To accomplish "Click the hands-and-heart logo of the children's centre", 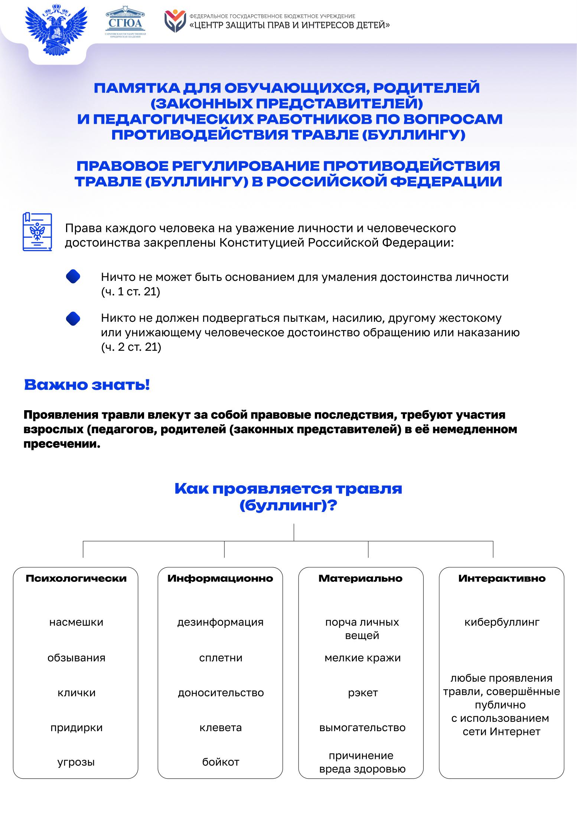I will click(175, 22).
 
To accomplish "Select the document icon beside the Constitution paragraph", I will click(37, 232).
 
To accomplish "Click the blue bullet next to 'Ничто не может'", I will click(73, 277).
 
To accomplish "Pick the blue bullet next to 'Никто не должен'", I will click(73, 318).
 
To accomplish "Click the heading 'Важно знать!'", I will click(87, 385).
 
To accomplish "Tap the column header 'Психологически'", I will click(76, 578).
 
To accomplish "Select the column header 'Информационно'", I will click(220, 578).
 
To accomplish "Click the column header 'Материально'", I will click(361, 578).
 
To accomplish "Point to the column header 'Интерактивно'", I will click(502, 578).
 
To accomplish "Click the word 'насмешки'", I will click(76, 622).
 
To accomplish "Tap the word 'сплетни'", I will click(221, 658).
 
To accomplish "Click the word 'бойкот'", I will click(221, 762).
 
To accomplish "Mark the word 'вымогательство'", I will click(362, 727).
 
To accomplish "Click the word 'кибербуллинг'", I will click(502, 622).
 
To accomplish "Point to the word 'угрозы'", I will click(76, 762).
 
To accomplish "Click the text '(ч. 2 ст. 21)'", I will click(131, 347).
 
